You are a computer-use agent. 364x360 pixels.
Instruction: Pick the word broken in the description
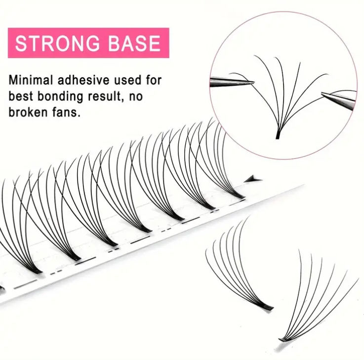coord(27,112)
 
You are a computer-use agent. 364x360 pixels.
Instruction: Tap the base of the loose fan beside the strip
coord(267,307)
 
